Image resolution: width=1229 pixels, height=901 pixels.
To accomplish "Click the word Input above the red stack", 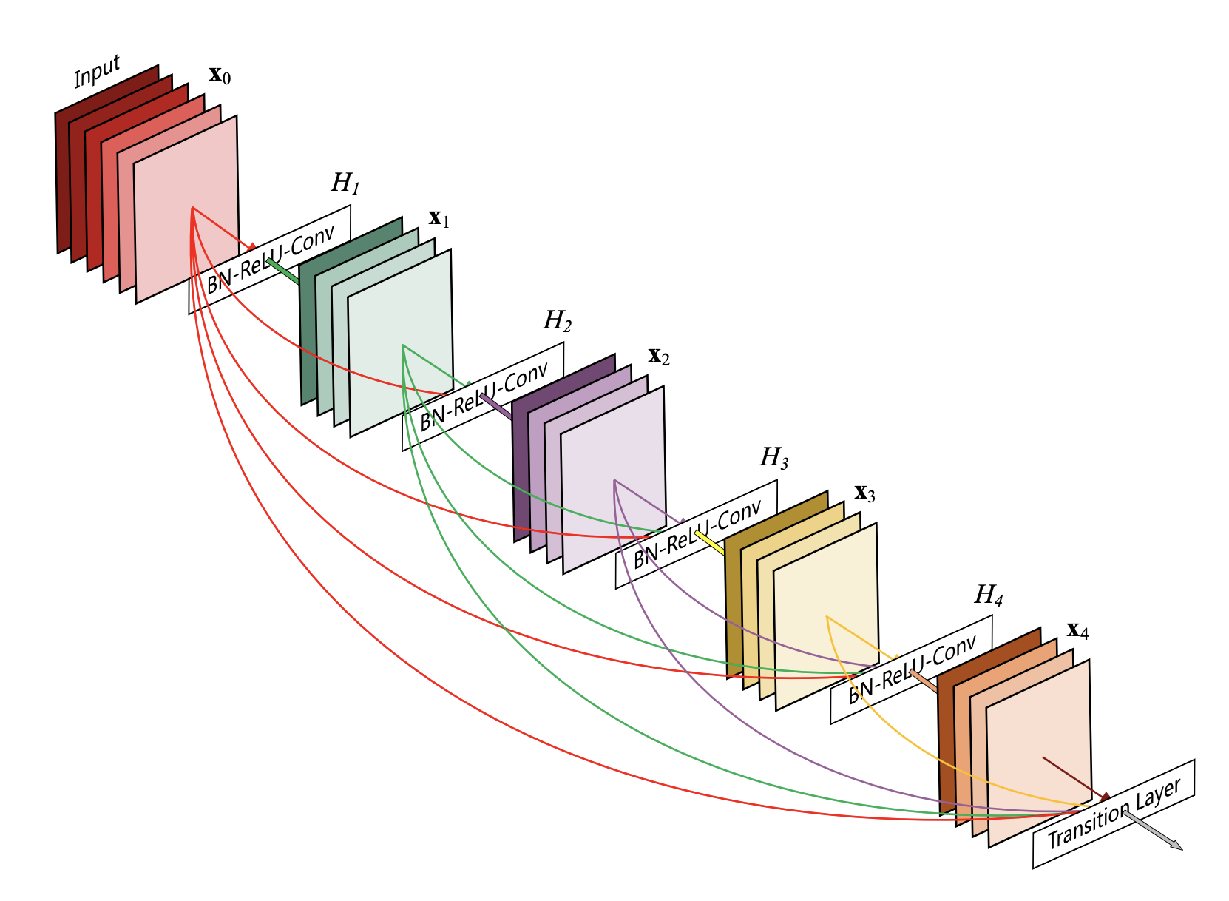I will click(97, 72).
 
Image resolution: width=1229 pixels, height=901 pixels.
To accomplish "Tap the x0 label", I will click(220, 75).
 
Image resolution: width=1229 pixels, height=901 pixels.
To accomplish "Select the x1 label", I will click(439, 218).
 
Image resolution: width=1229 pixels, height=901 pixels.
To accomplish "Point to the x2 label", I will click(659, 357).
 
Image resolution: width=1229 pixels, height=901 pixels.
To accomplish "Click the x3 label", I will click(864, 493).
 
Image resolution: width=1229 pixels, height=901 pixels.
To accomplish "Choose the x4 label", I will click(1077, 631).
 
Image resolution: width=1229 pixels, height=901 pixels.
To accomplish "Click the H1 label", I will click(345, 183).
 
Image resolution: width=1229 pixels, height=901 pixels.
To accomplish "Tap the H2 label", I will click(558, 320).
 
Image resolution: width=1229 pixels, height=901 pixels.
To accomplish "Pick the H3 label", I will click(773, 458).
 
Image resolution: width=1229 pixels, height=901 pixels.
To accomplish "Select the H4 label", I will click(988, 595).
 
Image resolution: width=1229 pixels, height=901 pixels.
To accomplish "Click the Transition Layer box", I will click(1114, 814).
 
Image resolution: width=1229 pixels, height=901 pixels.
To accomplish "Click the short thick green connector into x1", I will click(283, 271).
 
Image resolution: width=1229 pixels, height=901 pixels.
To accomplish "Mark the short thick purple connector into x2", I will click(495, 406).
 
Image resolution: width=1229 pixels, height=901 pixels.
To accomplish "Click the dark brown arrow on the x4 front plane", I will click(1076, 777).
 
